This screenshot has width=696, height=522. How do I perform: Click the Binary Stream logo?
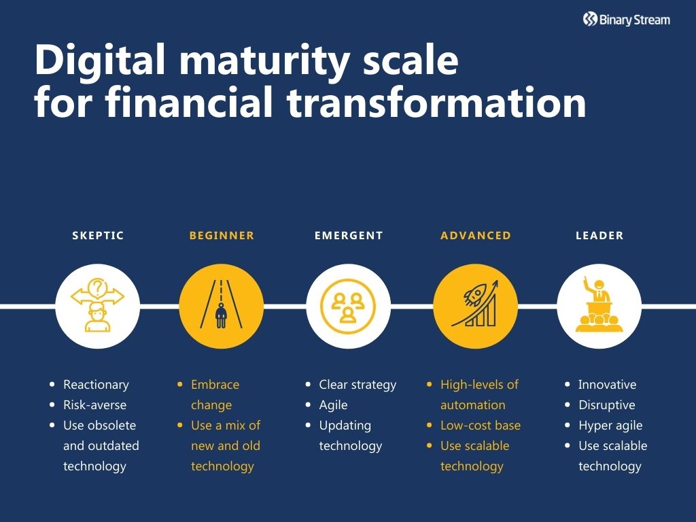point(626,20)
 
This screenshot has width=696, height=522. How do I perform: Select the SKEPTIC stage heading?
point(98,236)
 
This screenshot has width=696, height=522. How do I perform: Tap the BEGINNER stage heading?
point(222,236)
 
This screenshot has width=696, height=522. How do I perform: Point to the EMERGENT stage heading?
point(349,236)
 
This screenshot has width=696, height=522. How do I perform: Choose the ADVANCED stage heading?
point(476,236)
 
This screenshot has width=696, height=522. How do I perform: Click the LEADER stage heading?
point(599,236)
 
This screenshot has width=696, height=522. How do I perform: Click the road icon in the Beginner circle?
point(221,306)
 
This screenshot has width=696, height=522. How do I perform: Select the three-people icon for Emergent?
point(349,306)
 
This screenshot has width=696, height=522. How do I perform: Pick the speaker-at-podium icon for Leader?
point(599,306)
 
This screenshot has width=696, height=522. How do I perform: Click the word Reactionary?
point(96,385)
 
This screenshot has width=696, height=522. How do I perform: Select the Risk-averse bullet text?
point(94,405)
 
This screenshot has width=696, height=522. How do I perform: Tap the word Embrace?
point(215,385)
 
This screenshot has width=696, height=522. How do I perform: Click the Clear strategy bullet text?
point(358,385)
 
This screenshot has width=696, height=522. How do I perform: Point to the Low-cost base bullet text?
point(481,425)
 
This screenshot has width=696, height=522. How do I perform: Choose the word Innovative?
point(607,385)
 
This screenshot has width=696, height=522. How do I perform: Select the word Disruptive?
point(606,405)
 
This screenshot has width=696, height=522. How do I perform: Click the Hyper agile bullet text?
point(610,425)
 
